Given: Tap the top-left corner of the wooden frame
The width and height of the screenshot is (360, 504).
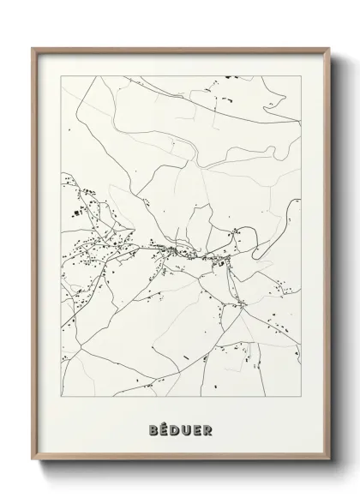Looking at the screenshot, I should pos(33,48).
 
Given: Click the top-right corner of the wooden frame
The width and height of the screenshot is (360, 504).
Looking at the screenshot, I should pos(327,48).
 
